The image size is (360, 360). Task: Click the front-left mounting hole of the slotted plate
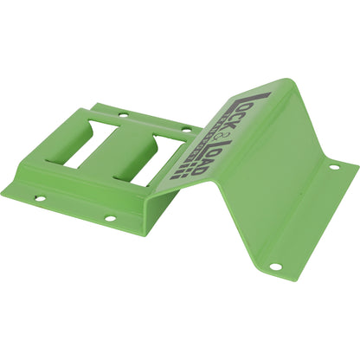(40, 198)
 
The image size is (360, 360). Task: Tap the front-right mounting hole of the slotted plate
(111, 218)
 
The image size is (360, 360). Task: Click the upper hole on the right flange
(334, 167)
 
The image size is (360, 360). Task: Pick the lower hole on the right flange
(273, 267)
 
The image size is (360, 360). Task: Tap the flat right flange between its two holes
(305, 216)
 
